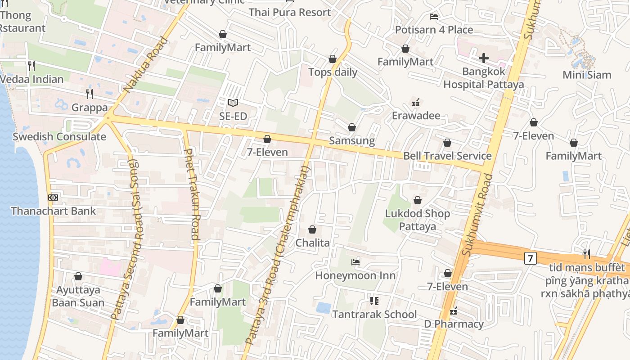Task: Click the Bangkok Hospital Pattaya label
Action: click(x=484, y=78)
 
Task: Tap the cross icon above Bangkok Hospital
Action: click(x=484, y=58)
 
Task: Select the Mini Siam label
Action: click(x=587, y=75)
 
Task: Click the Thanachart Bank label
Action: click(x=53, y=211)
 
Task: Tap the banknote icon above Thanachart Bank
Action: click(x=53, y=197)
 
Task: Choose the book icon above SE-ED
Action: click(x=233, y=103)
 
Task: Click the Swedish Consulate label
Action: click(x=59, y=137)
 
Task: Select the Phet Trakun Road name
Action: click(x=192, y=193)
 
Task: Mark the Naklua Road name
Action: click(x=146, y=65)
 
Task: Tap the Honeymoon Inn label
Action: click(x=355, y=275)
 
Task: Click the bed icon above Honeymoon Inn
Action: click(x=355, y=262)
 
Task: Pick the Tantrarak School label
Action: click(x=374, y=314)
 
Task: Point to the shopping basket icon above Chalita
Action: click(x=312, y=229)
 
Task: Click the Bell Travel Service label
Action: click(x=447, y=156)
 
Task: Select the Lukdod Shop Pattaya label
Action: click(x=417, y=220)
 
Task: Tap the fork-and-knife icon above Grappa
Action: click(x=90, y=94)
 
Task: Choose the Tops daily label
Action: click(x=333, y=72)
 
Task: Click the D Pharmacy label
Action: click(x=454, y=324)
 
